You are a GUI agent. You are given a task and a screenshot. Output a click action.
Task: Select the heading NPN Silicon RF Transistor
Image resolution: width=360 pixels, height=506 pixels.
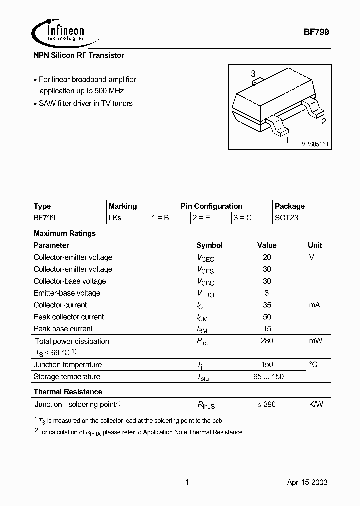coord(79,55)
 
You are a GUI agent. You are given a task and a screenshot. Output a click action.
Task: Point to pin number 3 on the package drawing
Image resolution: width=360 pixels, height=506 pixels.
coord(253,74)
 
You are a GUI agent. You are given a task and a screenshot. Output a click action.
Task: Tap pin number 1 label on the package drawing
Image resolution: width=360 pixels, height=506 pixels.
coord(287,140)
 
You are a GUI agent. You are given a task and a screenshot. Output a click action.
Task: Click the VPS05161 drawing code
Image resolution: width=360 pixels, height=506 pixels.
coord(314,144)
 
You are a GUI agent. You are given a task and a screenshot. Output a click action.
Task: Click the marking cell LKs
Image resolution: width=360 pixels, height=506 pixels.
coord(115,218)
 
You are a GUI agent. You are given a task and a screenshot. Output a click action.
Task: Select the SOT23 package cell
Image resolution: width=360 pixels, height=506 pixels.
coord(286,218)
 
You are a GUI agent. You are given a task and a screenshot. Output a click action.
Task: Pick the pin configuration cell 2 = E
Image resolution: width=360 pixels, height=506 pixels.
coord(201,218)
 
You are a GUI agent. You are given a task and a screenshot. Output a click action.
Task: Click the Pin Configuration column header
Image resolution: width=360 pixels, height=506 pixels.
coord(211,206)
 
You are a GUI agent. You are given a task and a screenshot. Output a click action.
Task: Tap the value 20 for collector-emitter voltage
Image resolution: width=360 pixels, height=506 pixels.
coord(267,257)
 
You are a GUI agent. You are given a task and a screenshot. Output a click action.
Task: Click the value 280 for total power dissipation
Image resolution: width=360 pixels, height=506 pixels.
coord(267,341)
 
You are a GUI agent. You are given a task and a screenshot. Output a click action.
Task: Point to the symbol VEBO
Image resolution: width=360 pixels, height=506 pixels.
coord(205,294)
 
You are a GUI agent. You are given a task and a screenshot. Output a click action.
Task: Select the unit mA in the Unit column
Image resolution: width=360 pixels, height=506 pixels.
coord(314,305)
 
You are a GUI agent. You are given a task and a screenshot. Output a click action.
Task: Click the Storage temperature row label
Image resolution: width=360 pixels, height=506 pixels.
coord(67,377)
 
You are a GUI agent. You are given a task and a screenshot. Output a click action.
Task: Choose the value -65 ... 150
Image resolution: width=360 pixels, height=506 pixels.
coord(267,377)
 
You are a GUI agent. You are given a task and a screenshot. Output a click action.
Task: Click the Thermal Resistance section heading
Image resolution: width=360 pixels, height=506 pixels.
coord(68,392)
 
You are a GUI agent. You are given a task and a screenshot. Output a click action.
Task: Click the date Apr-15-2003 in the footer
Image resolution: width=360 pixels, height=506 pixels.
coord(307,482)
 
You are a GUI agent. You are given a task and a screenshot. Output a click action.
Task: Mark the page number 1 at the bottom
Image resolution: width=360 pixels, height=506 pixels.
coord(187,482)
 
